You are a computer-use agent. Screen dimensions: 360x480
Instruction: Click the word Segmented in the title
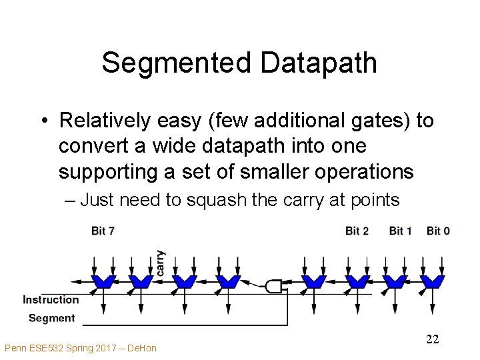(x=177, y=63)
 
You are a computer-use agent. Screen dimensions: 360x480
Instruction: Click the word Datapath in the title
(x=319, y=63)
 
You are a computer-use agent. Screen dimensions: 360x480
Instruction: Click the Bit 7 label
(x=103, y=231)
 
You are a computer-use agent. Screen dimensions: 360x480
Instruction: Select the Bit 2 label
(x=357, y=231)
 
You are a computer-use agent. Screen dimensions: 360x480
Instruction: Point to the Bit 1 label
(x=400, y=231)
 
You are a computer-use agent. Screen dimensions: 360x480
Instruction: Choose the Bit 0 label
(x=438, y=231)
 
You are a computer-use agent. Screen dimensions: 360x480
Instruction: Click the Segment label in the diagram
(x=52, y=318)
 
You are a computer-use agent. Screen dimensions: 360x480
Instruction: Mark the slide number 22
(x=432, y=340)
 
